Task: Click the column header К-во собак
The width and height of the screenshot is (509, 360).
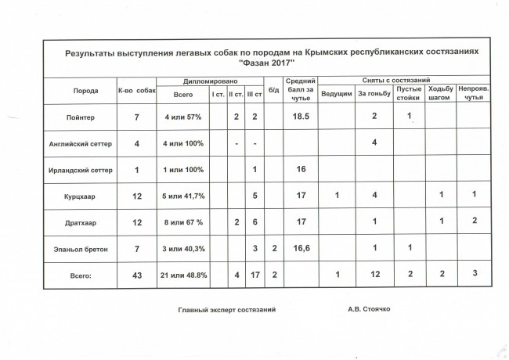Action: pyautogui.click(x=137, y=92)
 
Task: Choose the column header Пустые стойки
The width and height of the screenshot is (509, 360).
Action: pyautogui.click(x=409, y=93)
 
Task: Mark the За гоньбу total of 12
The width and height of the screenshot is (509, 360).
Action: pyautogui.click(x=374, y=275)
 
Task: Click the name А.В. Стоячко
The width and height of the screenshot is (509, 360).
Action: pyautogui.click(x=369, y=309)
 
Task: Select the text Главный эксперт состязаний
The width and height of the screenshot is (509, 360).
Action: pyautogui.click(x=227, y=309)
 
